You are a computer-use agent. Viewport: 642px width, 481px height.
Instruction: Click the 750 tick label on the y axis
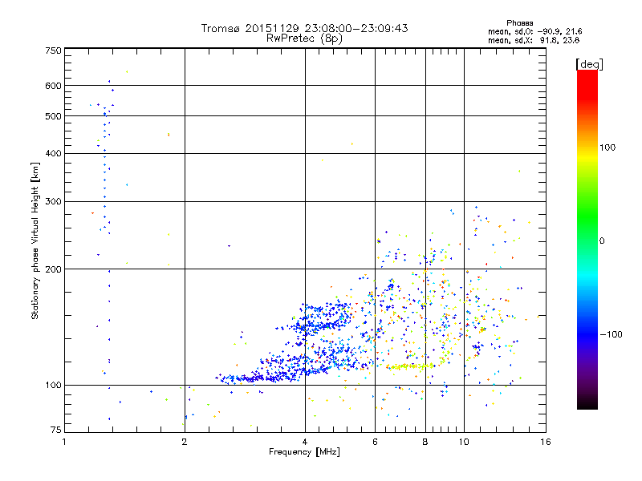click(x=54, y=50)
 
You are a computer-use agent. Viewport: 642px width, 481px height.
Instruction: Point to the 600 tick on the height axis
click(x=54, y=85)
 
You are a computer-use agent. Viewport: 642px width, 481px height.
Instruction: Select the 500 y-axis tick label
click(x=54, y=115)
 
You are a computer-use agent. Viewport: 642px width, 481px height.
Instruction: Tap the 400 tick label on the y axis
click(x=54, y=153)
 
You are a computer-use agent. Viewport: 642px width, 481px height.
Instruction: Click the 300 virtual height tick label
click(x=54, y=201)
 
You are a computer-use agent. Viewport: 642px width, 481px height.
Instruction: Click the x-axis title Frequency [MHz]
click(x=304, y=452)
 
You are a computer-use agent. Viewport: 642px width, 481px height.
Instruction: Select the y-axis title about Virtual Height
click(x=35, y=240)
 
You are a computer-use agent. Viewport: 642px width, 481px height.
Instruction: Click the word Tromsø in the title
click(x=222, y=28)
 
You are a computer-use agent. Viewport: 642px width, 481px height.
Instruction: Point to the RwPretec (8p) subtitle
click(x=304, y=38)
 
